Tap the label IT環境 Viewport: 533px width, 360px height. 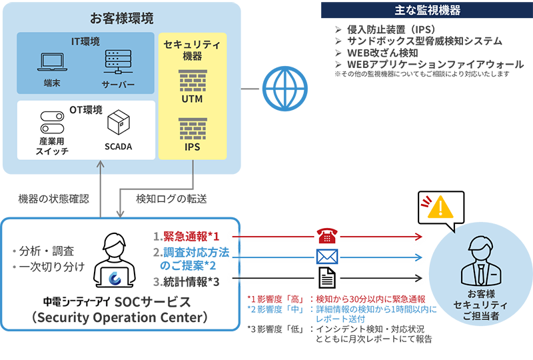[x=85, y=41]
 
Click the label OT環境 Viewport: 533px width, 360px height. [x=85, y=109]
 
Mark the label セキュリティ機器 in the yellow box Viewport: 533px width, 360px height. [x=192, y=50]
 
